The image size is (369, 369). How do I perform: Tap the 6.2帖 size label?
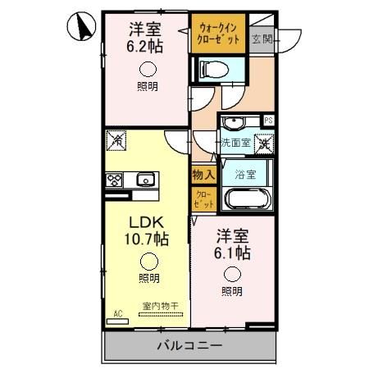[x=144, y=47]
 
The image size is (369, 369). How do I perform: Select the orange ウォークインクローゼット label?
[x=219, y=34]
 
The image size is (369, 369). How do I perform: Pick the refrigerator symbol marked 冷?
[x=116, y=141]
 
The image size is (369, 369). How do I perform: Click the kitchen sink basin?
[x=146, y=180]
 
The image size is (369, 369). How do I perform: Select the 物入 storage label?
[x=203, y=174]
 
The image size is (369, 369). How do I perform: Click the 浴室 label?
[x=245, y=174]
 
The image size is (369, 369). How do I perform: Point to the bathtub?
[x=246, y=198]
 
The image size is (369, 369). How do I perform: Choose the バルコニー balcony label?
[x=189, y=346]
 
